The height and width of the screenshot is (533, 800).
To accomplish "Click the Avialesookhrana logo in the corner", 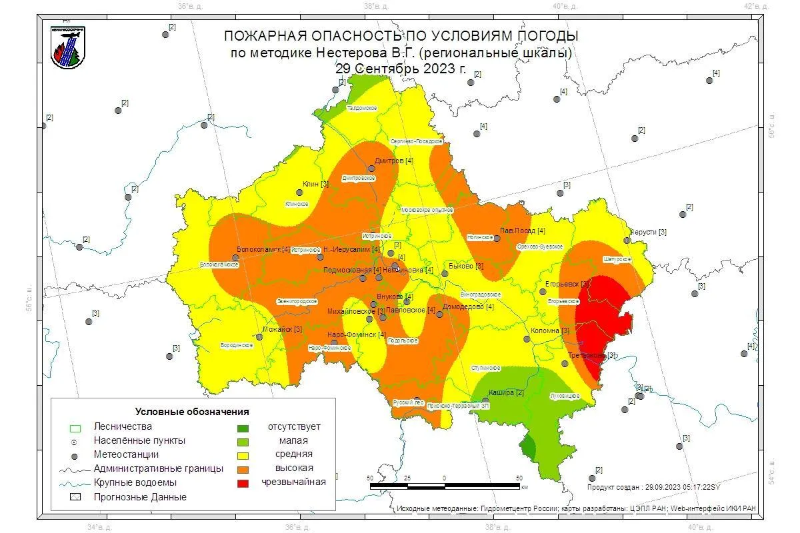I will point(67,47).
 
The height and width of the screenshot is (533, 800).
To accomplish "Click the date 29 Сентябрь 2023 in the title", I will point(401,69).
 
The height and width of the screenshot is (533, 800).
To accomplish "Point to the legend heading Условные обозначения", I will point(192,411).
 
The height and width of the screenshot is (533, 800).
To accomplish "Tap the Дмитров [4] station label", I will point(394,161).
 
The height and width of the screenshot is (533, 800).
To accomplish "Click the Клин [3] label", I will point(315,184).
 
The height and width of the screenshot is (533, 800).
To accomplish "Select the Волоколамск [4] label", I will point(263,249).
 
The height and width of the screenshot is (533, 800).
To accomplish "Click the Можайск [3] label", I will point(283,329).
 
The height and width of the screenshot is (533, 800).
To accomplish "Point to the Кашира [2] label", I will point(506,392).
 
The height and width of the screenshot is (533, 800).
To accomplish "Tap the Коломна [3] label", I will point(550,330).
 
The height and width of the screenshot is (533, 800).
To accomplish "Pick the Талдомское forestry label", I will point(362,108).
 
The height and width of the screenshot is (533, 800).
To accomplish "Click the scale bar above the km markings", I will point(445,486).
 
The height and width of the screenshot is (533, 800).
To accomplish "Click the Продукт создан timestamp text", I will point(653,488).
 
